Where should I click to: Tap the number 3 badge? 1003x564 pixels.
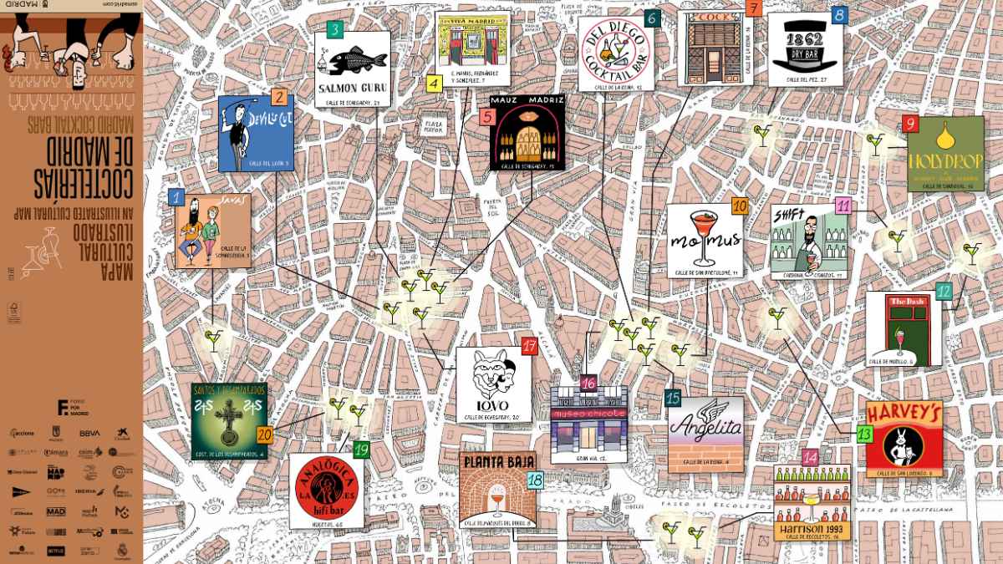point(334,31)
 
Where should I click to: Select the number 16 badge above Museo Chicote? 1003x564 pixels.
point(588,384)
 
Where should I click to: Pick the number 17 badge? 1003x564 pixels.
point(528,346)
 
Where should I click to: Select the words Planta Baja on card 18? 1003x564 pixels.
point(497,462)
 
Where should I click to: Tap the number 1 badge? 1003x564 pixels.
point(176,197)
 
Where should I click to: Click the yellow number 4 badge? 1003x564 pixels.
point(433,84)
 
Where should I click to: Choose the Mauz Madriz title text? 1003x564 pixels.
point(527,100)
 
